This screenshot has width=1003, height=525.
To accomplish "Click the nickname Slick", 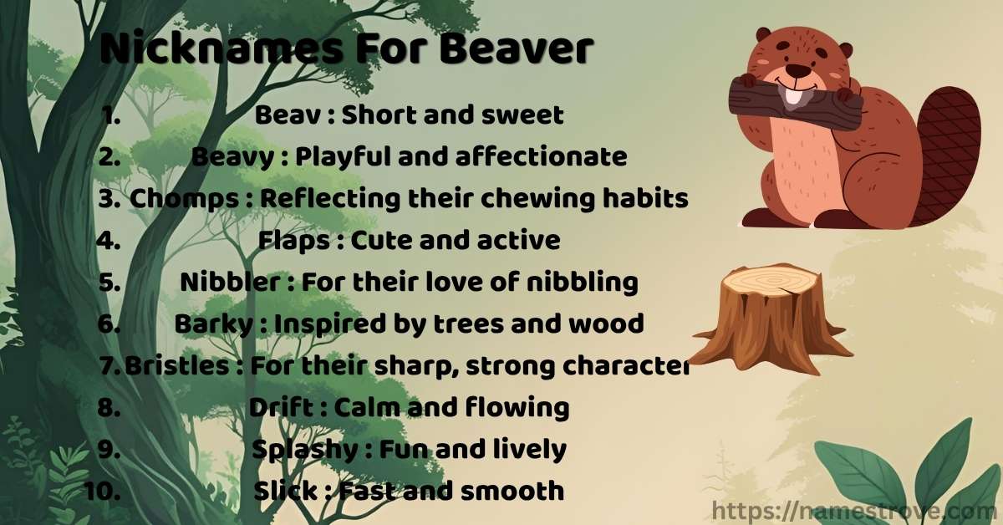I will [285, 491].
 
